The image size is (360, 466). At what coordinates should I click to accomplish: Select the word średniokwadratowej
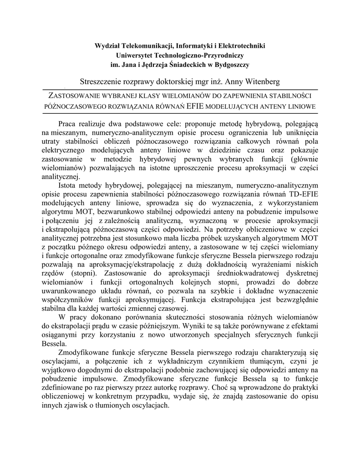254,275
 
